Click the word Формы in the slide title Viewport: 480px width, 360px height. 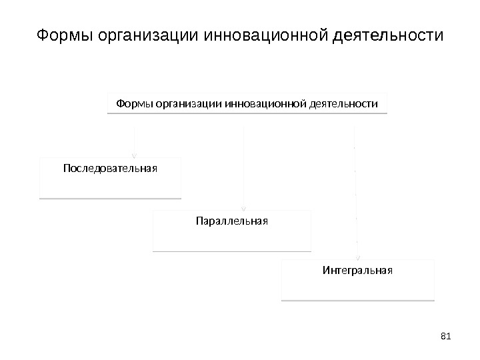click(x=64, y=34)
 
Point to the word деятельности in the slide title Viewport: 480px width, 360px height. click(x=385, y=34)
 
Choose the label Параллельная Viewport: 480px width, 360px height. click(x=231, y=219)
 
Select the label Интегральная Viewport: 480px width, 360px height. click(x=358, y=271)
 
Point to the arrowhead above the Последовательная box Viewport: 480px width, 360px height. click(x=136, y=153)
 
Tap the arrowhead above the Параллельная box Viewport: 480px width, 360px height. click(x=245, y=207)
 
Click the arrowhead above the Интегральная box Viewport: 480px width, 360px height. click(x=359, y=257)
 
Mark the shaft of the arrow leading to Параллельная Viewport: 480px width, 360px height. click(x=245, y=167)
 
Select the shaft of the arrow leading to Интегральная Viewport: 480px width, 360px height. click(x=357, y=193)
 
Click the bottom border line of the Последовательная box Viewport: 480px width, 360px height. click(x=110, y=198)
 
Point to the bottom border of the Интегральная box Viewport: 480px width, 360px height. click(x=358, y=300)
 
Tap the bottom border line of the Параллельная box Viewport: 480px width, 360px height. click(x=231, y=251)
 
